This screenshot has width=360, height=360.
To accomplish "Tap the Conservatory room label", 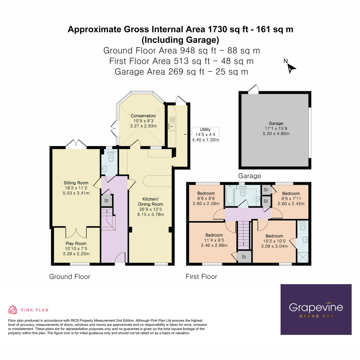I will pyautogui.click(x=143, y=121).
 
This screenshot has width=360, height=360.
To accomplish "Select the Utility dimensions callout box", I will pyautogui.click(x=205, y=135).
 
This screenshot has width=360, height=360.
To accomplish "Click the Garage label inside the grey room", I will pyautogui.click(x=276, y=128).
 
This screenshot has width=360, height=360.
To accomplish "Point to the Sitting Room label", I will pyautogui.click(x=76, y=188).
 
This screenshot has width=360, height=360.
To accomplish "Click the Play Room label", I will pyautogui.click(x=76, y=249).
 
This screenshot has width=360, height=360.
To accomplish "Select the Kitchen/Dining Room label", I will pyautogui.click(x=151, y=207).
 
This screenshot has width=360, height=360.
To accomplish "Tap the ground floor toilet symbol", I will pyautogui.click(x=110, y=157).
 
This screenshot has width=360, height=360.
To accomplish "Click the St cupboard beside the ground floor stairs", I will pyautogui.click(x=106, y=201).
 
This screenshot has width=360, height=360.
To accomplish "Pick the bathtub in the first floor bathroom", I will pyautogui.click(x=229, y=196).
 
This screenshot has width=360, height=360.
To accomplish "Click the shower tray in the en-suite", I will pyautogui.click(x=303, y=257).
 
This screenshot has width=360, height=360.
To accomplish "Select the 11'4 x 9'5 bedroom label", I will pyautogui.click(x=214, y=240).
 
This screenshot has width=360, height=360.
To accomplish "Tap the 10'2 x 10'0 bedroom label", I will pyautogui.click(x=274, y=241).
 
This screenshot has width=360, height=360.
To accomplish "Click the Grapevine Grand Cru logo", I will pyautogui.click(x=316, y=309).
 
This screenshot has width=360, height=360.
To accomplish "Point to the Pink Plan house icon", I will pyautogui.click(x=13, y=310).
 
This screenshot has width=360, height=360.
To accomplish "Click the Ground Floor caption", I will pyautogui.click(x=70, y=277).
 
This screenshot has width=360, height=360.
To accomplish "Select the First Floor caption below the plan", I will pyautogui.click(x=201, y=277).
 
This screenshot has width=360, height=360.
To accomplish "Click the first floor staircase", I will pyautogui.click(x=244, y=235).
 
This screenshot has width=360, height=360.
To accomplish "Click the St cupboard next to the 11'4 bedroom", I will pyautogui.click(x=244, y=257).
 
